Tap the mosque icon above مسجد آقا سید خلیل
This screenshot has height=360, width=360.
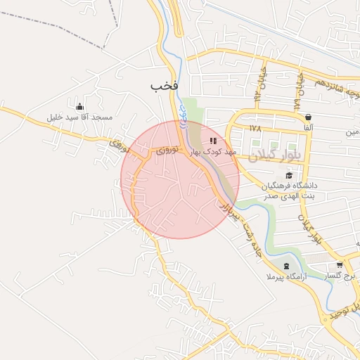pos(79,106)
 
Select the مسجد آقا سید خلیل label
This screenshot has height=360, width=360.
pos(79,117)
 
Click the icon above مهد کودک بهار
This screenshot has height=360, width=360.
pos(213,141)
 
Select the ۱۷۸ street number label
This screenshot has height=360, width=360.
pos(255,129)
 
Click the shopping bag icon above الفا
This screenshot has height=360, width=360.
pos(308,117)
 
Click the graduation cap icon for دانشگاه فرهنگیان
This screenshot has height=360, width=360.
pos(289,175)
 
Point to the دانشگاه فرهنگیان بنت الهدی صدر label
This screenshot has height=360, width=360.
pos(290,190)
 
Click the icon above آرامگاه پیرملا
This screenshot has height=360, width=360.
pos(286,265)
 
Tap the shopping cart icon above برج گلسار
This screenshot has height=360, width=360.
pos(340,265)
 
